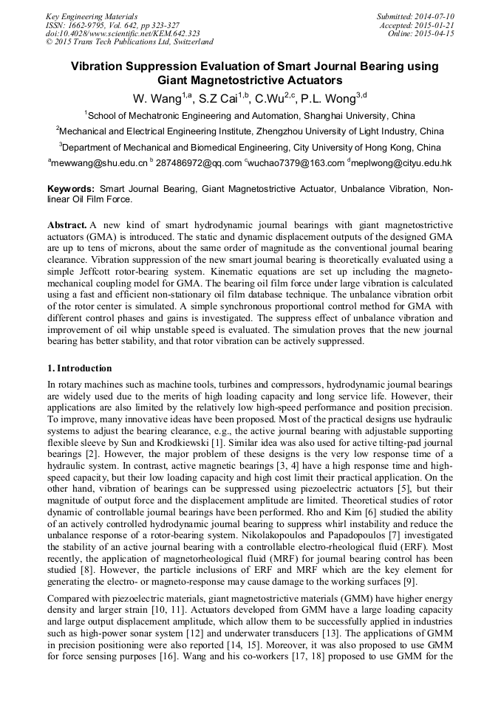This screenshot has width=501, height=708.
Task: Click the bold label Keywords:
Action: point(72,189)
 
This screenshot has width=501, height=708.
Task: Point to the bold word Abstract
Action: point(67,224)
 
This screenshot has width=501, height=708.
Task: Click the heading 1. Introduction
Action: point(80,368)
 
